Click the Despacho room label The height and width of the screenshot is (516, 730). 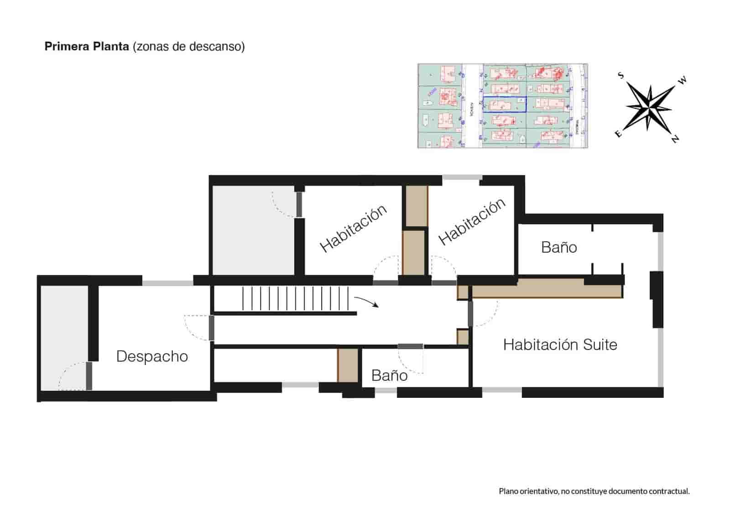(x=152, y=356)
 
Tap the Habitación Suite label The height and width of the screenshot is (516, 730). (x=560, y=344)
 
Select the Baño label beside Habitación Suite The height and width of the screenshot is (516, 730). (x=559, y=247)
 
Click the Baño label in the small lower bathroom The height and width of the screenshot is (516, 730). (x=389, y=375)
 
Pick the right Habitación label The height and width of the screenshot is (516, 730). (x=472, y=222)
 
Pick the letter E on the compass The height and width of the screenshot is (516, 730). (x=618, y=134)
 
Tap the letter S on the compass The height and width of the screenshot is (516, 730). (x=620, y=75)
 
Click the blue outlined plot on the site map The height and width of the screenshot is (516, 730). (x=504, y=104)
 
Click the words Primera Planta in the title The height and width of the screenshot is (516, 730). (x=87, y=47)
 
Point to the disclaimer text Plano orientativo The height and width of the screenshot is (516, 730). (x=594, y=491)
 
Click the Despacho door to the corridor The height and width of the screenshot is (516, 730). (x=211, y=328)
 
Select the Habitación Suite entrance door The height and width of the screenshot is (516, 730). (x=470, y=314)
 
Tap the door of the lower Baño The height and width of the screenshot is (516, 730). (x=410, y=347)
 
